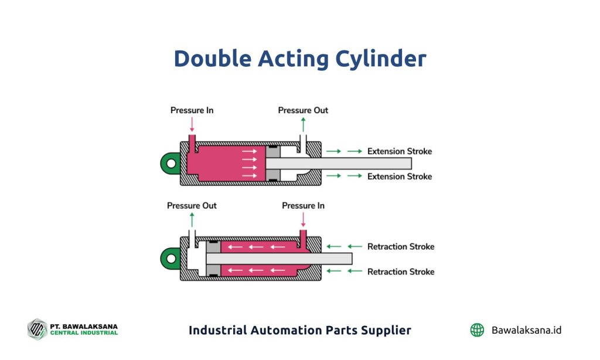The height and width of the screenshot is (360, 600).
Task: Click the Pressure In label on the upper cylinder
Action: pos(192,110)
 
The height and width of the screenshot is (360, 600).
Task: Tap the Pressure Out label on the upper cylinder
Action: pos(303,110)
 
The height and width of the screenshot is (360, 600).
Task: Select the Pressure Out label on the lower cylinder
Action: pos(192,206)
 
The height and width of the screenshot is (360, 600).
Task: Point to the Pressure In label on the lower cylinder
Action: pos(303,206)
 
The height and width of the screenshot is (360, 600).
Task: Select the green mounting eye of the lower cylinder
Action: pos(171,259)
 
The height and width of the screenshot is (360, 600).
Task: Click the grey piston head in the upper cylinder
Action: pos(272,164)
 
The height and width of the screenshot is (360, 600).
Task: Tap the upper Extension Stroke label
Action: pos(399,151)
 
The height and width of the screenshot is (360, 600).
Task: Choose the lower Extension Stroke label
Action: pos(399,176)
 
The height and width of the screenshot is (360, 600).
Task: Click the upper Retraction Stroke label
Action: pos(401,246)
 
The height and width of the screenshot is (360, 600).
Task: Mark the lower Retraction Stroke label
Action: pos(401,271)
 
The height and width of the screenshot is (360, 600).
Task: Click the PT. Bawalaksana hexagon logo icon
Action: pos(37,329)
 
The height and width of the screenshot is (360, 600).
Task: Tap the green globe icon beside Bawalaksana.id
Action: pos(477,330)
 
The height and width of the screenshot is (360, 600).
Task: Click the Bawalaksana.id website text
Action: pos(527,330)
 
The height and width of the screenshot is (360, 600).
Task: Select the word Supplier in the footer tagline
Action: pos(384,330)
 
